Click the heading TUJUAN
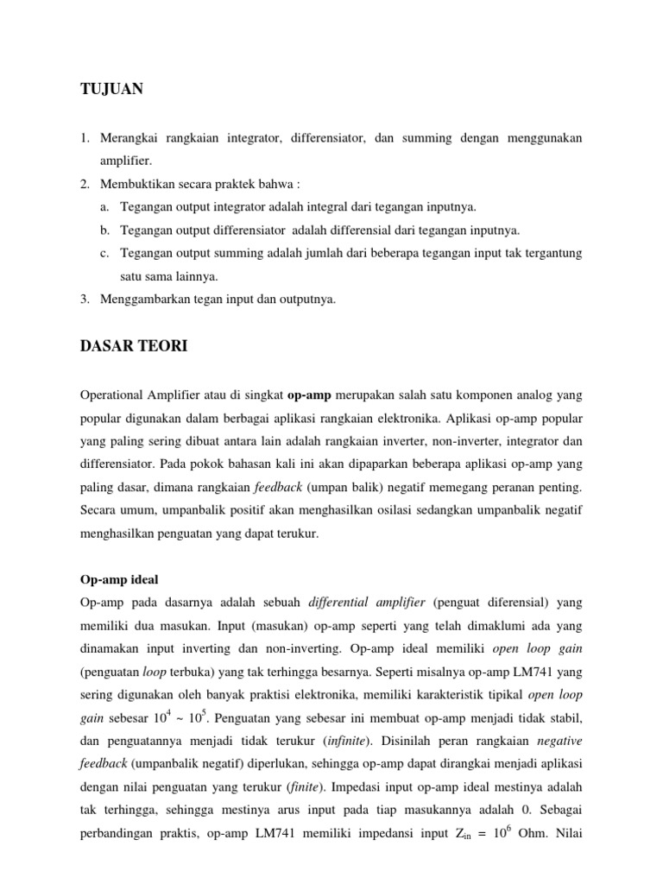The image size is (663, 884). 111,89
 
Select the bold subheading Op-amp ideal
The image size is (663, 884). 119,579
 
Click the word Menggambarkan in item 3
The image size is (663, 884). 143,299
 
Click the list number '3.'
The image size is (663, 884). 85,299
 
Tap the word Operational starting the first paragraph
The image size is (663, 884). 114,395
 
